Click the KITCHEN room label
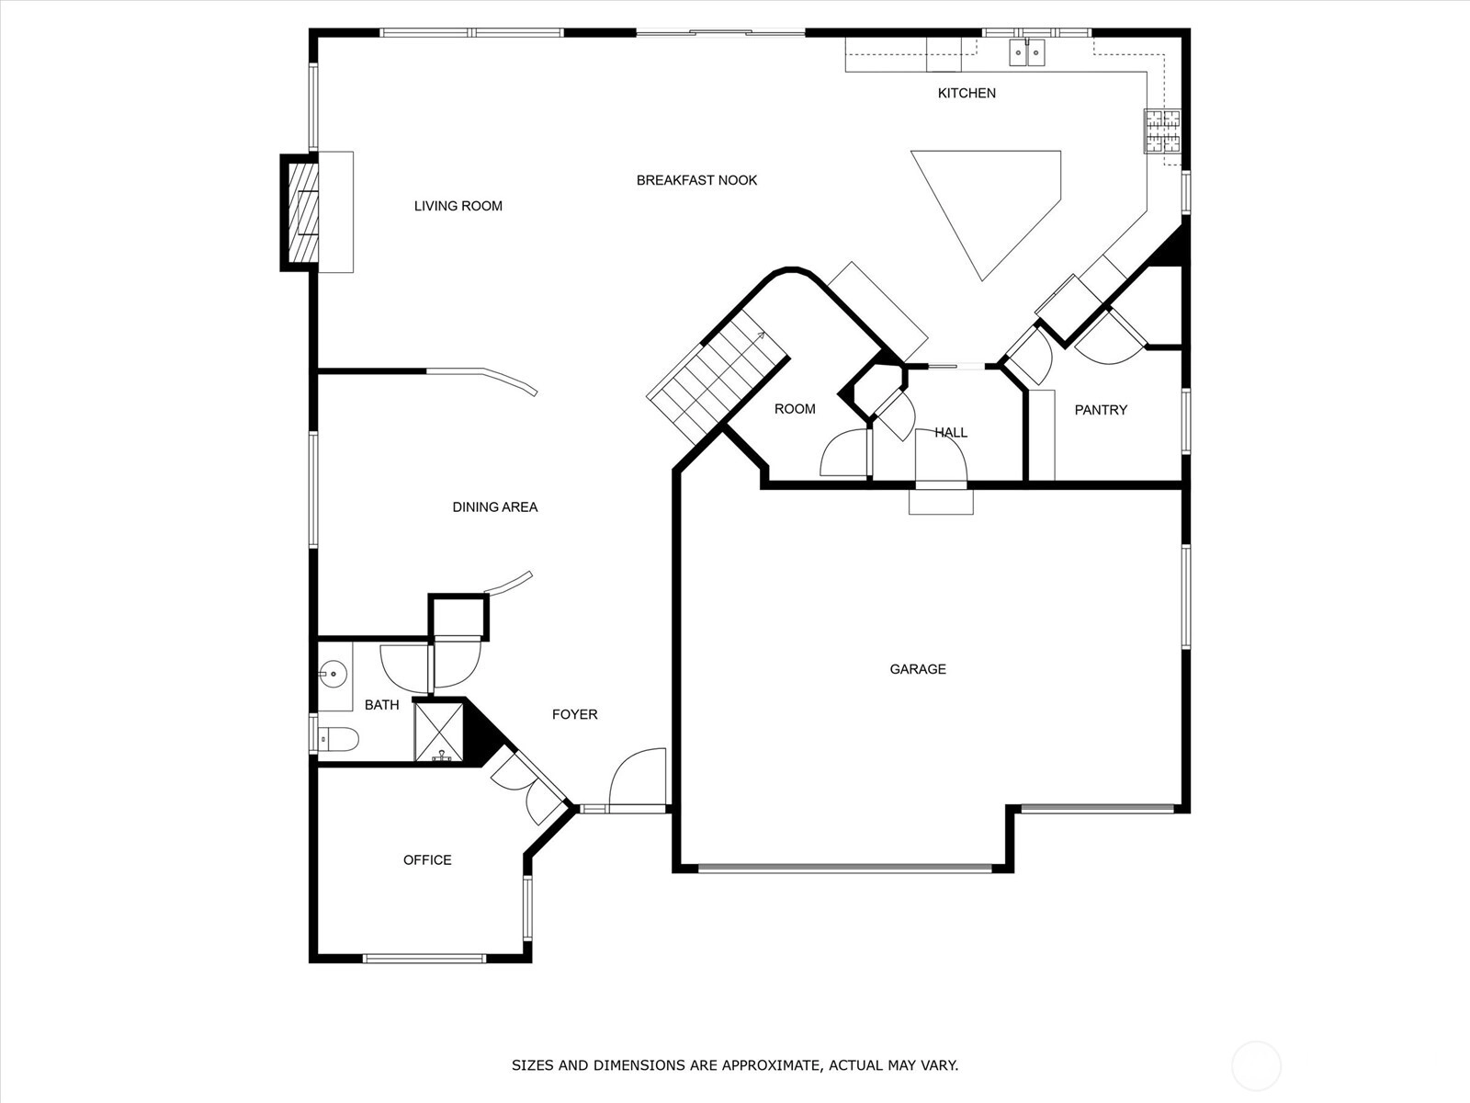point(967,93)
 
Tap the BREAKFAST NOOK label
point(696,180)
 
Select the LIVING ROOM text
point(458,206)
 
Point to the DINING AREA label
point(495,507)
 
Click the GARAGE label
point(918,669)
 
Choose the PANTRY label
point(1101,410)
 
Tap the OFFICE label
point(427,860)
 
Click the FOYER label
point(574,714)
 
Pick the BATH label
point(381,704)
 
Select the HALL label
point(951,433)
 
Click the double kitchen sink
point(1026,52)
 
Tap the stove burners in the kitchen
point(1162,131)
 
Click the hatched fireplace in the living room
point(302,213)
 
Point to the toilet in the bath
point(337,739)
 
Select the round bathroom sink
point(333,674)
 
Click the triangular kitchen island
point(987,215)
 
